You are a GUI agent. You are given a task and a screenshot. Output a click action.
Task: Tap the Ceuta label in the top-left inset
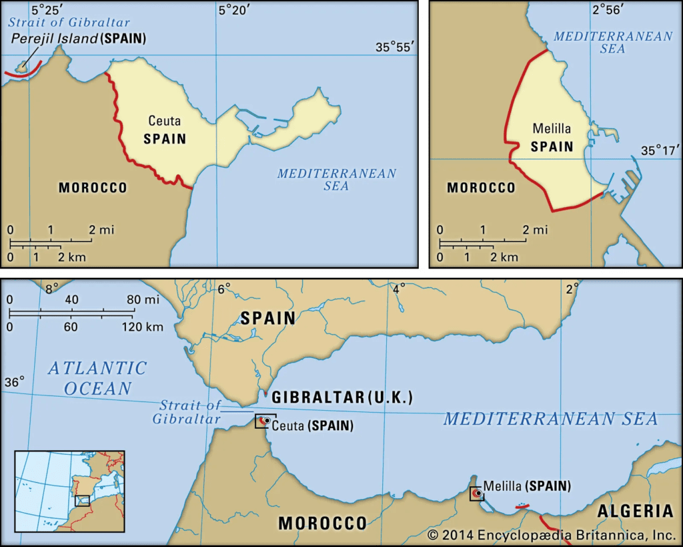[x=164, y=122]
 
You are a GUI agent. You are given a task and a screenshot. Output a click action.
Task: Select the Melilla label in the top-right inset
[x=552, y=128]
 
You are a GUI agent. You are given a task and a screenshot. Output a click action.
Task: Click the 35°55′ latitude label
[x=395, y=47]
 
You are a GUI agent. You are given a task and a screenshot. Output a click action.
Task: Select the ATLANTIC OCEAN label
[x=97, y=377]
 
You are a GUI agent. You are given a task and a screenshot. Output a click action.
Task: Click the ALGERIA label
[x=635, y=512]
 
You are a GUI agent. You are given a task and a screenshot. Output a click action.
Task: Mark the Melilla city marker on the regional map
[x=478, y=494]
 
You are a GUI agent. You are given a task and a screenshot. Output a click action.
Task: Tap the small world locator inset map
[x=69, y=491]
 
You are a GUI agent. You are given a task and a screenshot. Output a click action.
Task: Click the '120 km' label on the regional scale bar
[x=141, y=327]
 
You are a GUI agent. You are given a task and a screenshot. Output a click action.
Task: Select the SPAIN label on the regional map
[x=268, y=319]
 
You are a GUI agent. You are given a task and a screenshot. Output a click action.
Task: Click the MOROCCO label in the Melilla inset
[x=481, y=188]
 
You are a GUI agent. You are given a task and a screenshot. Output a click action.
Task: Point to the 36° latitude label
[x=15, y=381]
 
